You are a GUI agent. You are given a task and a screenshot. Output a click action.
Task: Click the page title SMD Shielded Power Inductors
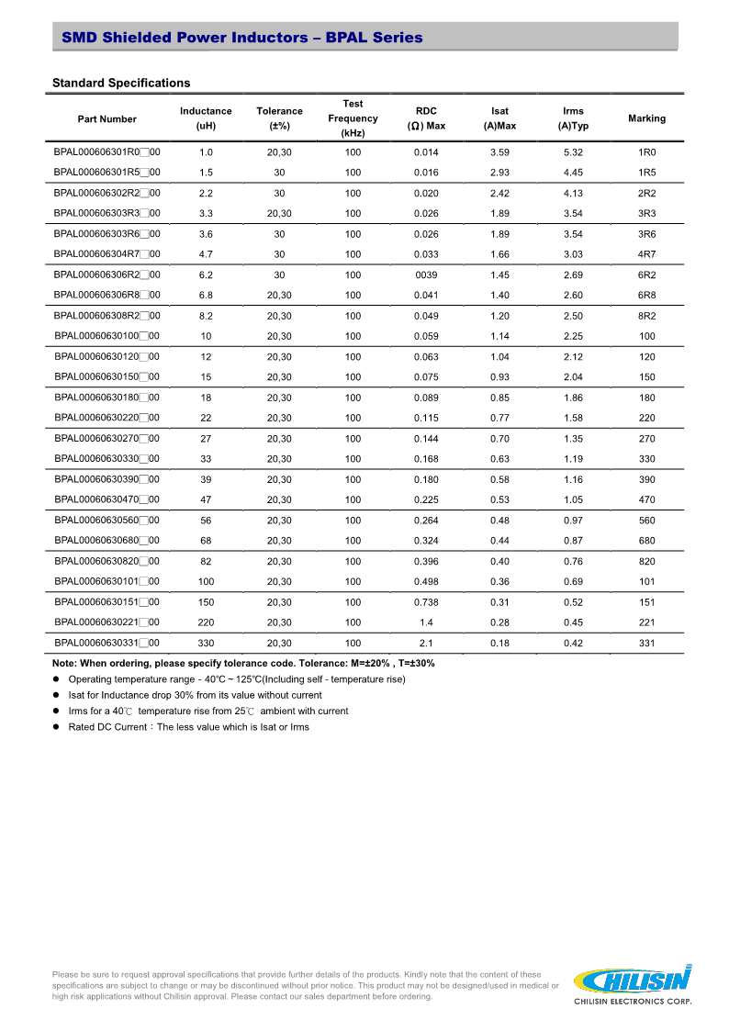pos(241,38)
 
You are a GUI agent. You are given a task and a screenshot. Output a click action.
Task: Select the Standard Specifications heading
pos(121,83)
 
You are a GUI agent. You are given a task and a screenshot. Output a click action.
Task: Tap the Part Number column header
pos(107,118)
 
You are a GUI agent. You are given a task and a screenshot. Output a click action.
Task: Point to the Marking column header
pos(646,118)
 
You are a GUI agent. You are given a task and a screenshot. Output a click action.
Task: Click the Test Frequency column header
pos(353,118)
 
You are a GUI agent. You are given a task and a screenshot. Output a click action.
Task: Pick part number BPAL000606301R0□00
pos(107,152)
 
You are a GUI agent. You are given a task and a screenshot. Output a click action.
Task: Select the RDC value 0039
pos(426,275)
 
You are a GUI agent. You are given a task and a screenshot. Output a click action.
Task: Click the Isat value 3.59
pos(499,152)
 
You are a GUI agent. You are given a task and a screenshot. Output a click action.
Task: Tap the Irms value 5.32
pos(573,152)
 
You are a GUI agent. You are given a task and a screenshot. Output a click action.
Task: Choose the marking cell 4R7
pos(646,254)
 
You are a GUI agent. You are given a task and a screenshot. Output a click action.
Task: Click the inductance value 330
pos(206,644)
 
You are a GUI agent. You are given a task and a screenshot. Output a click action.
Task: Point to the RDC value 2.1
pos(426,644)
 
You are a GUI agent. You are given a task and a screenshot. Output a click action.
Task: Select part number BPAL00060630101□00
pos(107,581)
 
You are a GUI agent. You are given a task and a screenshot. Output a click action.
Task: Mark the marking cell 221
pos(646,622)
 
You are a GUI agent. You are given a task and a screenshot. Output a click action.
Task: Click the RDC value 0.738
pos(426,602)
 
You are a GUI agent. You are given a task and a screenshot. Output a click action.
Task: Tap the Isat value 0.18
pos(499,644)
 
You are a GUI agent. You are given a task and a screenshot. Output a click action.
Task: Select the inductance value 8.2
pos(206,316)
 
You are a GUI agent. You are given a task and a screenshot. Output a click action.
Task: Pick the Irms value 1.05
pos(573,499)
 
